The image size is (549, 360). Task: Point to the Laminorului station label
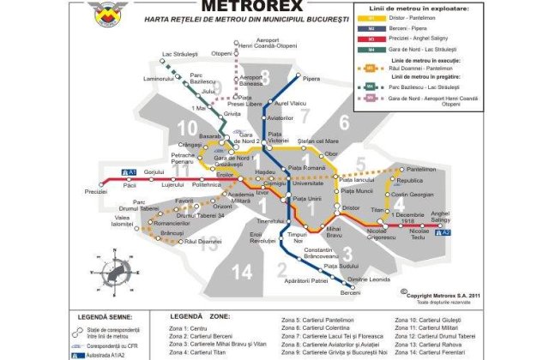tap(159, 80)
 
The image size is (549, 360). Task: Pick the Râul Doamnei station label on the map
tap(202, 242)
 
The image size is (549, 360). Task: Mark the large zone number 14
tap(243, 273)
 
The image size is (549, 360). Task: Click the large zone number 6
tap(345, 122)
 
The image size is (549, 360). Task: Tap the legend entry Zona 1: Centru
tap(190, 329)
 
